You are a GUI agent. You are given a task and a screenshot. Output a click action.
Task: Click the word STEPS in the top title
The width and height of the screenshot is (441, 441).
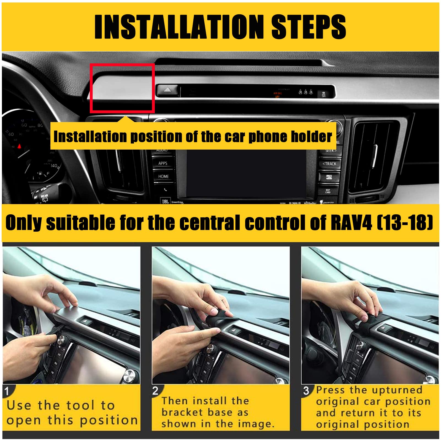tap(309, 27)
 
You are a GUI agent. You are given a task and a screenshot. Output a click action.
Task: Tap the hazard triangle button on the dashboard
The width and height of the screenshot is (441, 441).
tap(167, 90)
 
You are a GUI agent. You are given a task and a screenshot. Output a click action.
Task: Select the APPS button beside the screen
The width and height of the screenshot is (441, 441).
tap(163, 163)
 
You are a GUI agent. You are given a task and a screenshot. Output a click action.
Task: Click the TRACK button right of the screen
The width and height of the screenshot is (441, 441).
tap(329, 164)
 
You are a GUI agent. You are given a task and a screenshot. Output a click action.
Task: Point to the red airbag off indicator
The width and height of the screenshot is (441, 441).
tap(278, 94)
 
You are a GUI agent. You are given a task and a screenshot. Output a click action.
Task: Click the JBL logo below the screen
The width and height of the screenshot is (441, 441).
tap(165, 201)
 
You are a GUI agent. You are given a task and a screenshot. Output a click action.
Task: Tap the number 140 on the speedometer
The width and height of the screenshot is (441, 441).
tap(54, 166)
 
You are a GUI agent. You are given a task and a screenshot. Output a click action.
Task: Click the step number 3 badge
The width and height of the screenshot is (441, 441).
tap(306, 391)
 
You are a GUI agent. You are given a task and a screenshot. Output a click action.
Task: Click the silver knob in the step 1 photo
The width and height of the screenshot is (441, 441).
tap(60, 338)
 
